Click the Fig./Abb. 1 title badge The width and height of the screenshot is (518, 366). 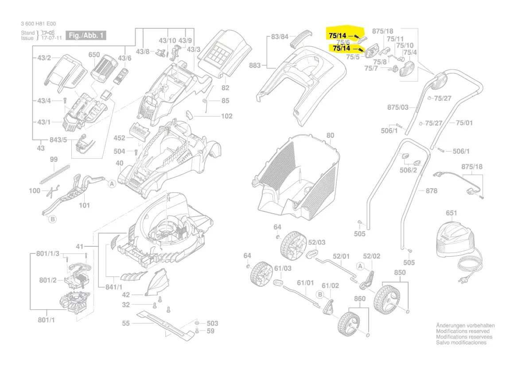[87, 35]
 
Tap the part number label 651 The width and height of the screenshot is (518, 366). [451, 213]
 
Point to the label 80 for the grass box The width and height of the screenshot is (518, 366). [330, 136]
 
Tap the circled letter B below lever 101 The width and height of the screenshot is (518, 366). [52, 219]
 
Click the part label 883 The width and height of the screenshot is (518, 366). [255, 66]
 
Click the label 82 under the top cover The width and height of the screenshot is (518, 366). [226, 87]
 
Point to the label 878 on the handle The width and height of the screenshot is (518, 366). [431, 191]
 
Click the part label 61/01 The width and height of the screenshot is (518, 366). [305, 283]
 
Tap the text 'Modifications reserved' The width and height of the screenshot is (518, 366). [463, 331]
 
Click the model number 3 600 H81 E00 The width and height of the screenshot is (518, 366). [39, 24]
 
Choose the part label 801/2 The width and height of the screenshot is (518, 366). [47, 280]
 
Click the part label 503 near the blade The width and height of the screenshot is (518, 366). [213, 323]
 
